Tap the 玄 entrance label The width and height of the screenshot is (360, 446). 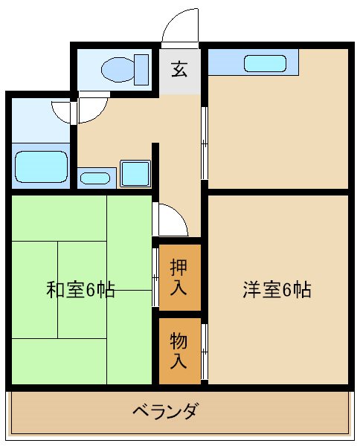click(x=179, y=70)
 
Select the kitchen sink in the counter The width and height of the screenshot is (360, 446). click(x=265, y=64)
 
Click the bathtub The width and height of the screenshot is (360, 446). click(x=41, y=165)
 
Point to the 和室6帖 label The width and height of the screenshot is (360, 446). click(x=80, y=289)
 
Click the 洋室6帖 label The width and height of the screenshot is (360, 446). click(x=276, y=289)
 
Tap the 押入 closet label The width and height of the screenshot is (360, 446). click(x=179, y=276)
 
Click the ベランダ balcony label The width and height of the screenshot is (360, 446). click(x=165, y=410)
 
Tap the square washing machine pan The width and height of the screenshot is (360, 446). click(x=135, y=173)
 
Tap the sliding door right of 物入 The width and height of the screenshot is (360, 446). click(x=205, y=349)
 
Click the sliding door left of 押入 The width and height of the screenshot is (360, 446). click(x=155, y=277)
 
